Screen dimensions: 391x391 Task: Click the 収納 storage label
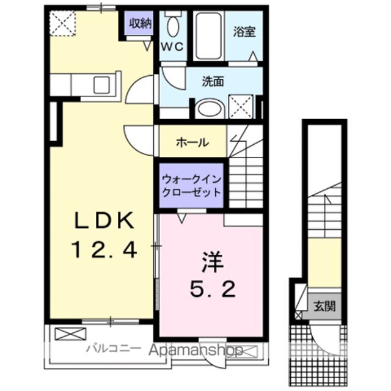pyautogui.click(x=139, y=24)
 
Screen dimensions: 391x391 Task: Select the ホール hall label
pyautogui.click(x=192, y=142)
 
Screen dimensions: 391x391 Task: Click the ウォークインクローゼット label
pyautogui.click(x=192, y=184)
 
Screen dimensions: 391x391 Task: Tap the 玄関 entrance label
pyautogui.click(x=324, y=305)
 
